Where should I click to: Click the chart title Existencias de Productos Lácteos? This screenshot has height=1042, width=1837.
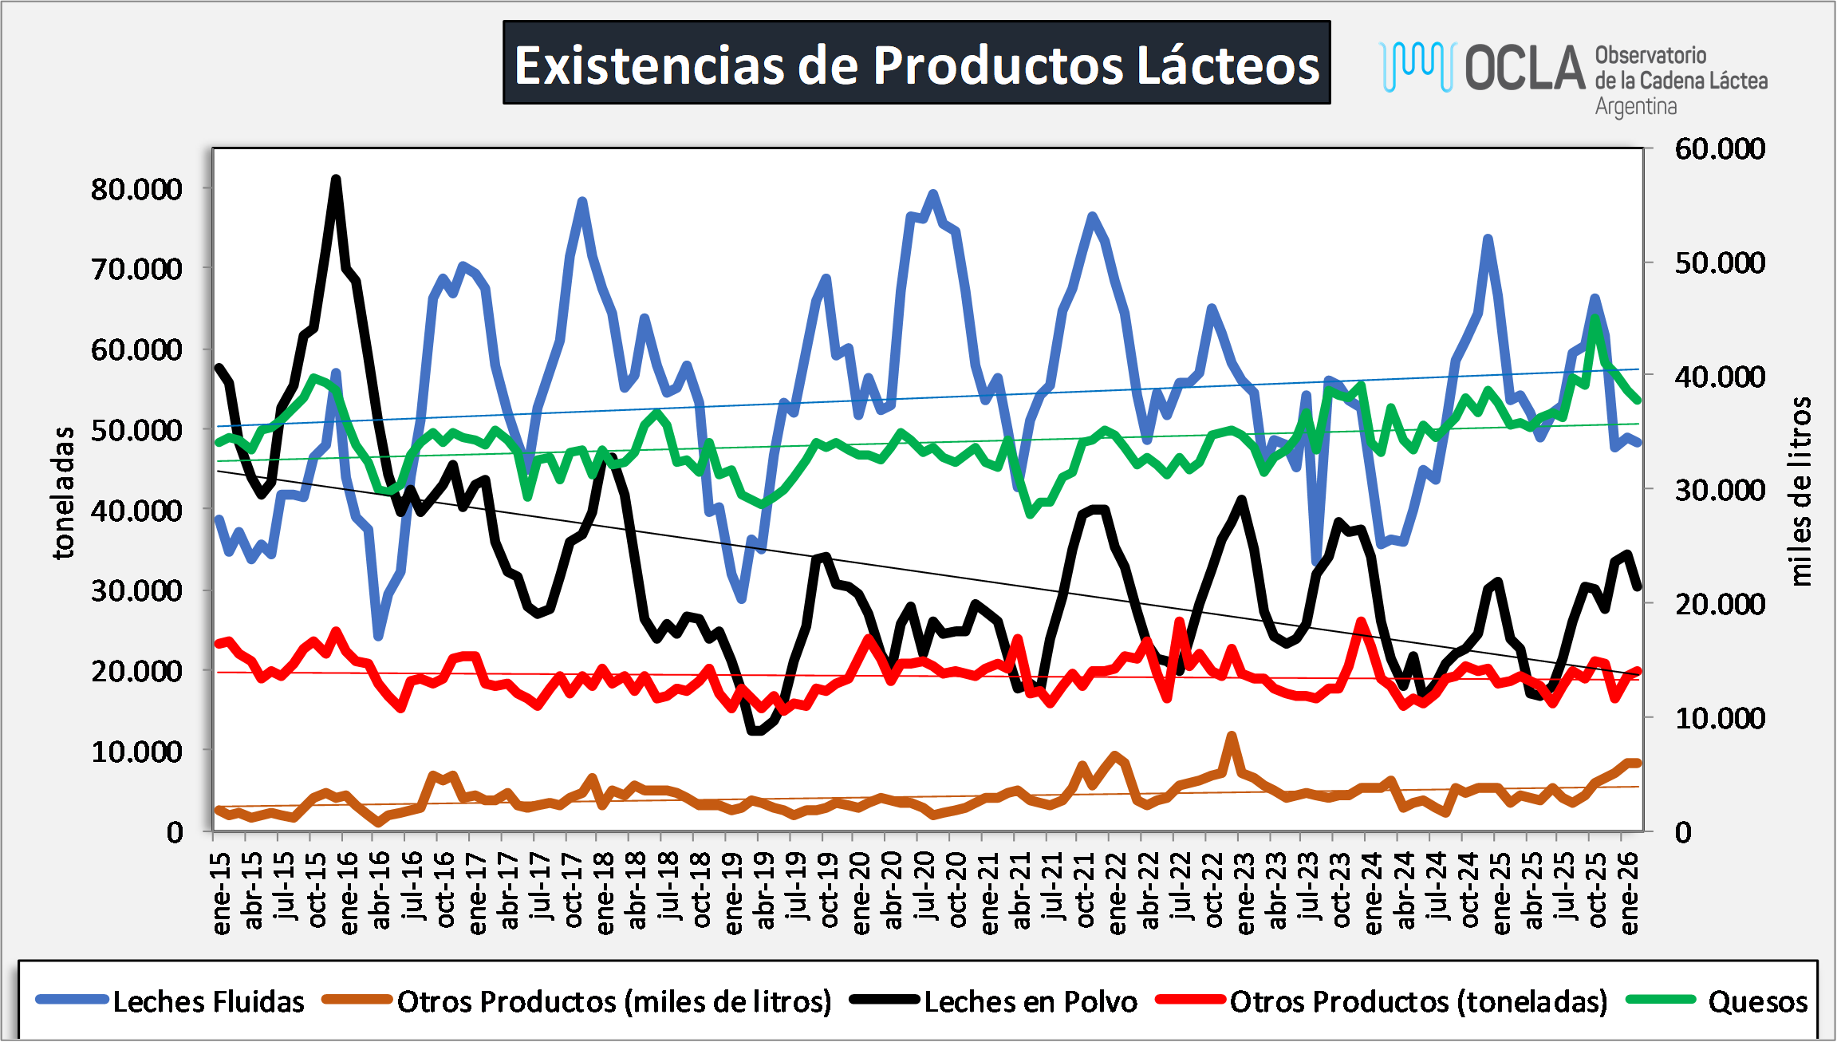pyautogui.click(x=917, y=63)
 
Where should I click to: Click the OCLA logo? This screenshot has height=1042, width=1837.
pyautogui.click(x=1573, y=76)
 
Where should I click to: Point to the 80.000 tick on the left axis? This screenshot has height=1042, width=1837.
pyautogui.click(x=136, y=189)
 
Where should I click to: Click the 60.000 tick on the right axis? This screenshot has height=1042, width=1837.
pyautogui.click(x=1720, y=148)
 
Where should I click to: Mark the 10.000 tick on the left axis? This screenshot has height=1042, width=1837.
pyautogui.click(x=136, y=751)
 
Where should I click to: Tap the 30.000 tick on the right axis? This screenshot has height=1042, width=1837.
pyautogui.click(x=1720, y=490)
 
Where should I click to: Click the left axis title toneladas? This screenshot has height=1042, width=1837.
pyautogui.click(x=63, y=492)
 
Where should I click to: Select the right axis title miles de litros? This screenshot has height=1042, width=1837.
pyautogui.click(x=1800, y=491)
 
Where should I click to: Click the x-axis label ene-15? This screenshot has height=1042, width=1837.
pyautogui.click(x=221, y=893)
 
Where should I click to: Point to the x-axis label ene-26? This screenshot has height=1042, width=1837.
pyautogui.click(x=1630, y=893)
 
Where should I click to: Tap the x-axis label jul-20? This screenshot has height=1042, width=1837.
pyautogui.click(x=925, y=886)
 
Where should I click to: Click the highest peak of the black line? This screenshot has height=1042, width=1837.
pyautogui.click(x=336, y=179)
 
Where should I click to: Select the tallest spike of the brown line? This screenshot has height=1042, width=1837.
pyautogui.click(x=1232, y=736)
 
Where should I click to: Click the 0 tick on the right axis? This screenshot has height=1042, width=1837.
pyautogui.click(x=1683, y=832)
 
